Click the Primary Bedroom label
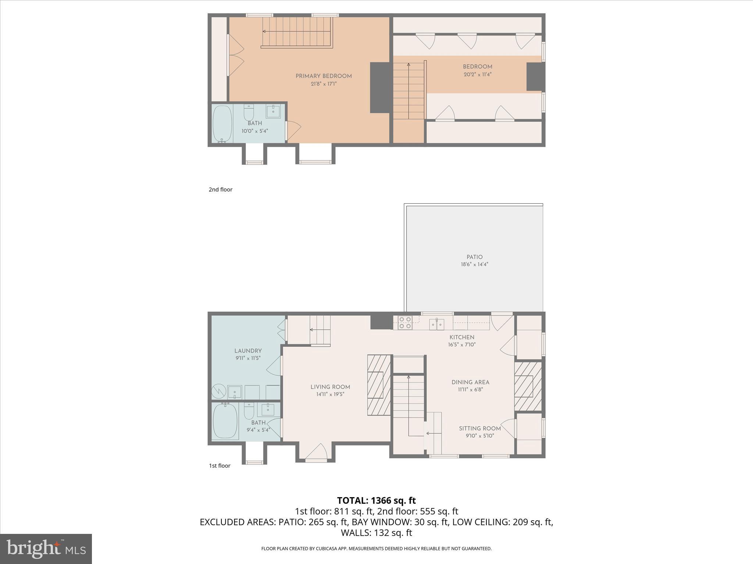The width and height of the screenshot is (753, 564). (x=324, y=76)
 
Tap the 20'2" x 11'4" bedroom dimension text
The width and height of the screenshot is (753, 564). (x=477, y=74)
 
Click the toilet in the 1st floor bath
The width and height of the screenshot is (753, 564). (x=249, y=411)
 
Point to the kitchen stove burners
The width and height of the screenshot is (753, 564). (x=405, y=322)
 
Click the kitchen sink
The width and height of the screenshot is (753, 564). (x=437, y=324)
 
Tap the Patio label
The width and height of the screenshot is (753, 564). (x=475, y=257)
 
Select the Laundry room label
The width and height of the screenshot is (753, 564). (x=248, y=351)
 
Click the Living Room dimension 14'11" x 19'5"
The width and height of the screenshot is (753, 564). (x=330, y=394)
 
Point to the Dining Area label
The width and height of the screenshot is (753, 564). (x=470, y=382)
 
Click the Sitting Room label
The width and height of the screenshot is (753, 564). (x=480, y=429)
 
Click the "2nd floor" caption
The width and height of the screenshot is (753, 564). (x=221, y=189)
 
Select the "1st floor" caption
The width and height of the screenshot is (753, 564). (x=220, y=466)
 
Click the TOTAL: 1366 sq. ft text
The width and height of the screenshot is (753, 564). (x=376, y=500)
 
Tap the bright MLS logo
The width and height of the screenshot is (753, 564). (x=46, y=549)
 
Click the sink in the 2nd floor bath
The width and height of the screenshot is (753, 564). (x=273, y=111)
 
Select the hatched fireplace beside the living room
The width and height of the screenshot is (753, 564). (x=379, y=385)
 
